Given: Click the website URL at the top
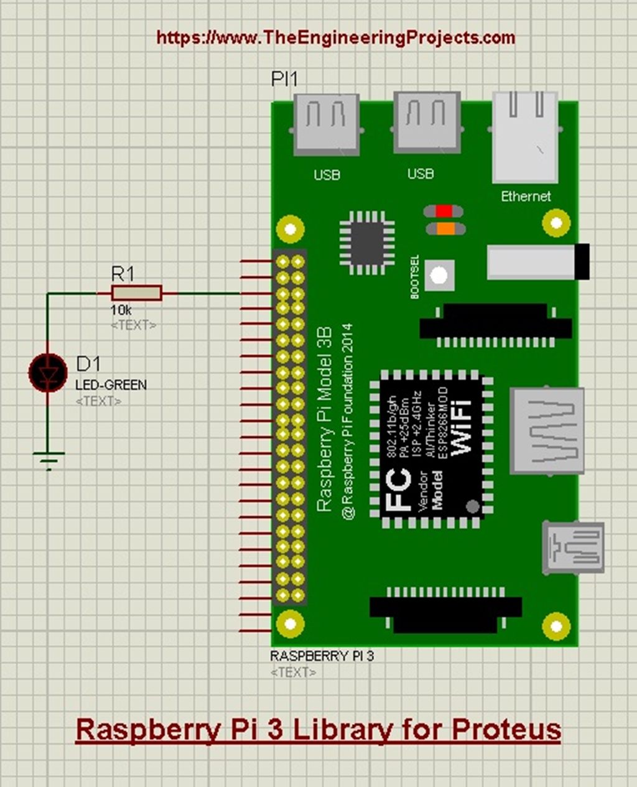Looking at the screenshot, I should coord(335,38).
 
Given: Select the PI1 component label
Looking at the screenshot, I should coord(284,79).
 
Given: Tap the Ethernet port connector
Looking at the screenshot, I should coord(524,136).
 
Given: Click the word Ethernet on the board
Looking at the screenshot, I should coord(526,197).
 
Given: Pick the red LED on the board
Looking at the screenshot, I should coord(444,212).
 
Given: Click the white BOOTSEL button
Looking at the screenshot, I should coord(439,275).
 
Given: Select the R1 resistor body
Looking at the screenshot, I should coord(136,293).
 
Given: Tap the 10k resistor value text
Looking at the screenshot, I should coord(121,310).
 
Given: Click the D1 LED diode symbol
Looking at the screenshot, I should coord(48,373).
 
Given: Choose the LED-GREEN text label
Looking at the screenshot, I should coord(111,385).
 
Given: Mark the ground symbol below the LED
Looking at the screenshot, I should coord(49,460).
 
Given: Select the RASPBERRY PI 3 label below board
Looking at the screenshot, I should coord(322,656).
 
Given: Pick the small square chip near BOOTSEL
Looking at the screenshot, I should coord(367,243).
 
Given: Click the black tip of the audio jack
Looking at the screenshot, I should coord(582,261).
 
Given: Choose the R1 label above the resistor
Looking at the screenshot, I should coord(123,274).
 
